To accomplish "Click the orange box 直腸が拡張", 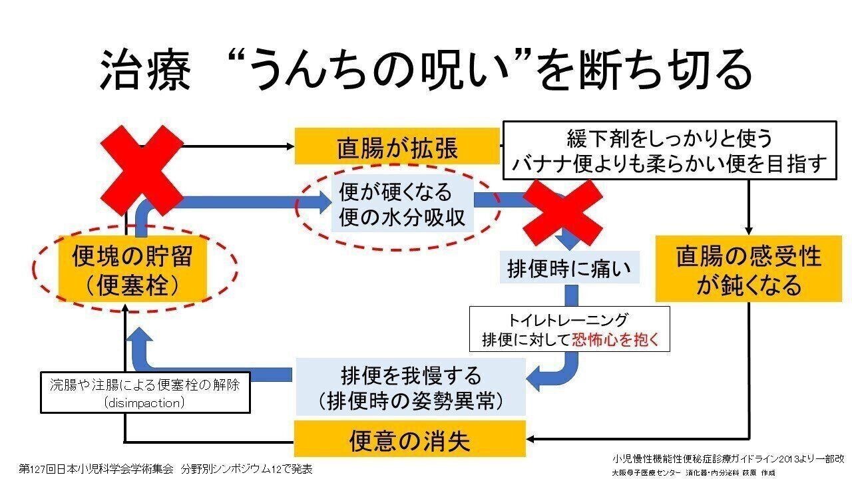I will click(397, 146).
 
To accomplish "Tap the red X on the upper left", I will click(141, 170).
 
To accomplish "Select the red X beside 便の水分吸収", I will click(562, 212).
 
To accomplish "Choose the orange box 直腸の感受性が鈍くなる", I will click(749, 269).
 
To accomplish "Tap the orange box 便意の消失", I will click(410, 439).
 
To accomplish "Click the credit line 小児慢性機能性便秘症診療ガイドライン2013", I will click(728, 458).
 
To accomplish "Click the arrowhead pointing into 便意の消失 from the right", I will click(532, 438).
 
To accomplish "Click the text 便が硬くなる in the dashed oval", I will click(395, 193).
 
